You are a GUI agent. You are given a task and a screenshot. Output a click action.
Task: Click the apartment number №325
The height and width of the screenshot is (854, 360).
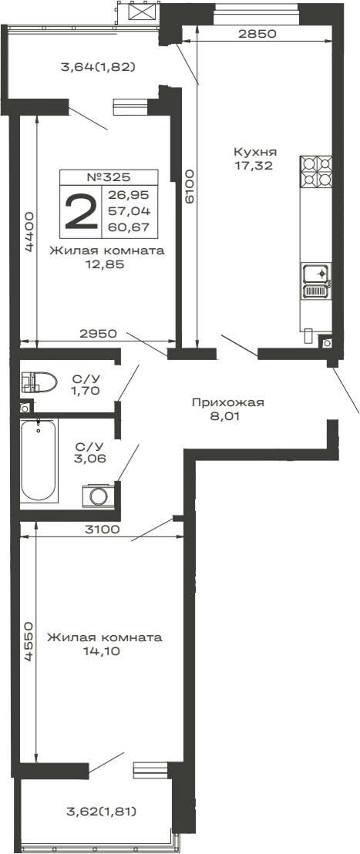tap(109, 177)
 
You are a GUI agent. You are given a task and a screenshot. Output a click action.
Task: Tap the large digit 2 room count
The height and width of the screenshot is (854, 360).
tap(81, 211)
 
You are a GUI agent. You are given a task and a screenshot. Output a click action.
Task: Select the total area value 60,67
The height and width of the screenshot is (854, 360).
tap(130, 226)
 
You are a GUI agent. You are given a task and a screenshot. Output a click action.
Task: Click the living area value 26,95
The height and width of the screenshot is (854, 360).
tap(130, 195)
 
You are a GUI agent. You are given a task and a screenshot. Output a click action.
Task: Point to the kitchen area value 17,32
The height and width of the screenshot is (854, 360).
tap(256, 164)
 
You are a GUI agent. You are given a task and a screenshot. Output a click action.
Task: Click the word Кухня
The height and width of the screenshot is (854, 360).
tap(256, 151)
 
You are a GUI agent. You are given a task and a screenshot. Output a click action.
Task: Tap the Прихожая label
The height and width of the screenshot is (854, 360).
tap(227, 402)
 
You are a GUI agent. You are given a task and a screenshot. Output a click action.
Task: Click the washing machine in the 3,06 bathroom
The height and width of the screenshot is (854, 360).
tap(97, 495)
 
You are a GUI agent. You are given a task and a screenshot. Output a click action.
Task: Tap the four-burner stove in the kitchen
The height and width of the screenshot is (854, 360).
tap(317, 171)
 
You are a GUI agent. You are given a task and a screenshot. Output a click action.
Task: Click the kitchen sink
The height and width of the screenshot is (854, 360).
tap(317, 274)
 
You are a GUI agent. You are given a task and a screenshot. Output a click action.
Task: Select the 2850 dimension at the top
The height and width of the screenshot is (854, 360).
tap(257, 35)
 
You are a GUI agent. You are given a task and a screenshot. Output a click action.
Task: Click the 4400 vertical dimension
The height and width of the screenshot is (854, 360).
tap(28, 232)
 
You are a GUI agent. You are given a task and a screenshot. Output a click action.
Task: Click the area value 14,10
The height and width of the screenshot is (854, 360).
tap(103, 651)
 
